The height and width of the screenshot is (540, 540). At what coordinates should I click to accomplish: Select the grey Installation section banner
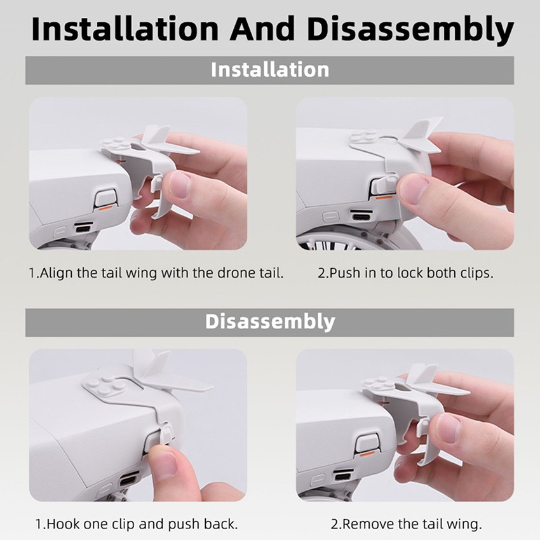pyautogui.click(x=269, y=69)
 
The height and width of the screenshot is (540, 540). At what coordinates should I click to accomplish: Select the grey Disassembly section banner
pyautogui.click(x=269, y=321)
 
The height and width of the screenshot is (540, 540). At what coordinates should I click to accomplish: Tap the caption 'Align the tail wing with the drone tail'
pyautogui.click(x=156, y=273)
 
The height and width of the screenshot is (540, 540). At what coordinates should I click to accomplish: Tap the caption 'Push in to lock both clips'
pyautogui.click(x=405, y=273)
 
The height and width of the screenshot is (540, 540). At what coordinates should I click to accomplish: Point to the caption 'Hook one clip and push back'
pyautogui.click(x=137, y=524)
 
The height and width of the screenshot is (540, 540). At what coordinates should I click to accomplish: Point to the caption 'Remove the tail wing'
pyautogui.click(x=406, y=524)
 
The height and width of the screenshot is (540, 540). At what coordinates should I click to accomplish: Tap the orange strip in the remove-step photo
pyautogui.click(x=367, y=454)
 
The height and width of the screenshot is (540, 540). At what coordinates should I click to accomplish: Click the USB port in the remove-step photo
pyautogui.click(x=344, y=475)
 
